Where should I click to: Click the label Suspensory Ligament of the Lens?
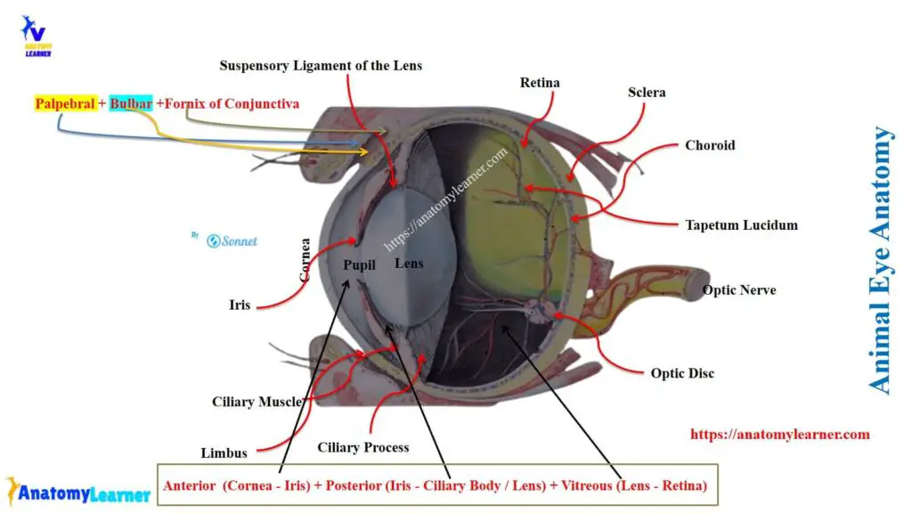point(321,66)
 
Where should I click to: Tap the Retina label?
point(540,83)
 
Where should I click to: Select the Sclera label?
point(647,92)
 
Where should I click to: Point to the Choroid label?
point(710,145)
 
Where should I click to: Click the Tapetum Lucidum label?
point(741,225)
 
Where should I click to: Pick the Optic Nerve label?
point(739,290)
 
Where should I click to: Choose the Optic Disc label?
point(682,373)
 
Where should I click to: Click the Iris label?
point(240,305)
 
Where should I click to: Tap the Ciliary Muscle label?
point(256,402)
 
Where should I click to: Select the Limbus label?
point(224,452)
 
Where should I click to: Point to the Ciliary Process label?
point(363,447)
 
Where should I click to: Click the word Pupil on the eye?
point(360,265)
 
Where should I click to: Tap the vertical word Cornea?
point(305,259)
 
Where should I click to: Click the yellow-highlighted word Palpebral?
point(65,104)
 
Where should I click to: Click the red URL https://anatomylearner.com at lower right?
point(779,435)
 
